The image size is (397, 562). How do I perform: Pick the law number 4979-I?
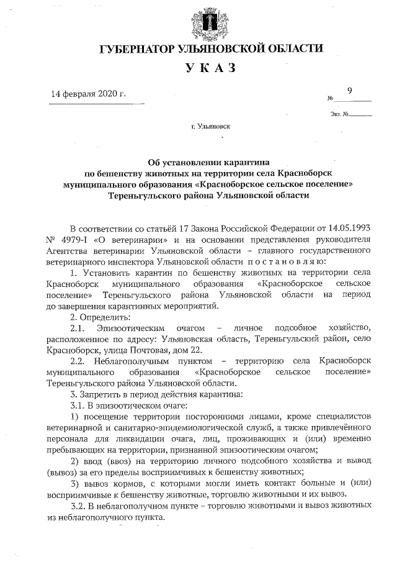(x=69, y=238)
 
